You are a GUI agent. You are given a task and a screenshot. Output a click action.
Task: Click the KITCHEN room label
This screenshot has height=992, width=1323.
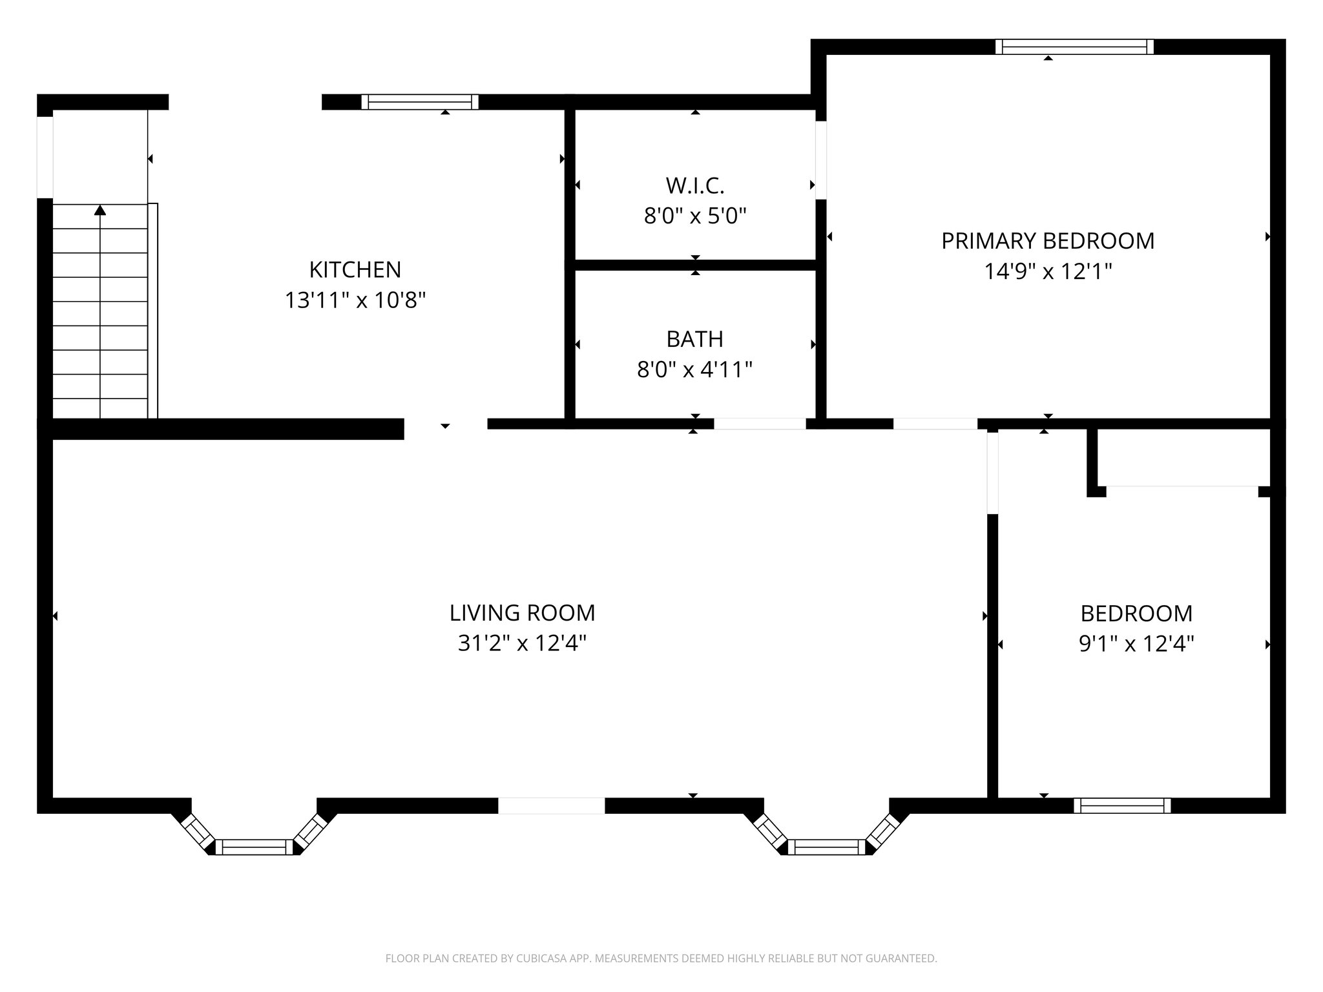[x=355, y=269]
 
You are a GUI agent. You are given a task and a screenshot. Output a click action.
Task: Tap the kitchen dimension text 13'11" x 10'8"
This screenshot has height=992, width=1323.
[x=355, y=300]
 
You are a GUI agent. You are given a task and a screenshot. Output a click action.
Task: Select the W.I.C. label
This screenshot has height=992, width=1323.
[x=695, y=186]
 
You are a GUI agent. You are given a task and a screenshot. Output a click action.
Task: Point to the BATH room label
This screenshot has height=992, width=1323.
[x=695, y=339]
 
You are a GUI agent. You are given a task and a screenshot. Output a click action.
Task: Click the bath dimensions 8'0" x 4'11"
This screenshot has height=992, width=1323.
[x=695, y=370]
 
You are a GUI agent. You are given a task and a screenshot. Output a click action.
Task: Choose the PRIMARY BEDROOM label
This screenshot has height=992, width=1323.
[x=1048, y=241]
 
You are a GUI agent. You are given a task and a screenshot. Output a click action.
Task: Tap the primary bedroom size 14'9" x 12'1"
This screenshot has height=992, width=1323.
[x=1048, y=271]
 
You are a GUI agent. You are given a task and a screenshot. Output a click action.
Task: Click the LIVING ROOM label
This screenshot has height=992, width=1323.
[x=523, y=613]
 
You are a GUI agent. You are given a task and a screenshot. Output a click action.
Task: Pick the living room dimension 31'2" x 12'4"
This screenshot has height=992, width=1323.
[x=523, y=644]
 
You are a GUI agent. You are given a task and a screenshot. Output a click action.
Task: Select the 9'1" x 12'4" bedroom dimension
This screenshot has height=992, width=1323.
[x=1137, y=644]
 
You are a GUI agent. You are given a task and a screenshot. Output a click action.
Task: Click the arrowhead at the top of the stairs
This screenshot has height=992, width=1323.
[x=100, y=210]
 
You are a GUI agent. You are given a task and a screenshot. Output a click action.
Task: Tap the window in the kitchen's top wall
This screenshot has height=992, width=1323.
[x=420, y=102]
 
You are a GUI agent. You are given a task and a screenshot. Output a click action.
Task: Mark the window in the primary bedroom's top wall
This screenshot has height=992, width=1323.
[x=1074, y=46]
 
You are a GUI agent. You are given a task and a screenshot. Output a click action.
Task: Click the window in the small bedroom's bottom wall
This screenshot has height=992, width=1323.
[x=1122, y=805]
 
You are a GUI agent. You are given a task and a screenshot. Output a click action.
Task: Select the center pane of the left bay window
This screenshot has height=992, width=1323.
[x=254, y=847]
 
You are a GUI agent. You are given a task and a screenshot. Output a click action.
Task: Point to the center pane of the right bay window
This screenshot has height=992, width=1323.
[x=826, y=847]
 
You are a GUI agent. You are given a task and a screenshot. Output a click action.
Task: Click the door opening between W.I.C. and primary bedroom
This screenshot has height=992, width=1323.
[x=821, y=160]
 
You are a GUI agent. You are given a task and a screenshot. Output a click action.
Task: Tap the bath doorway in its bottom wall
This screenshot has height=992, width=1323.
[x=760, y=424]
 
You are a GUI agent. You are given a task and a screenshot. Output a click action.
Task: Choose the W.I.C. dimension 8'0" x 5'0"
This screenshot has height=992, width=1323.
[x=695, y=216]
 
